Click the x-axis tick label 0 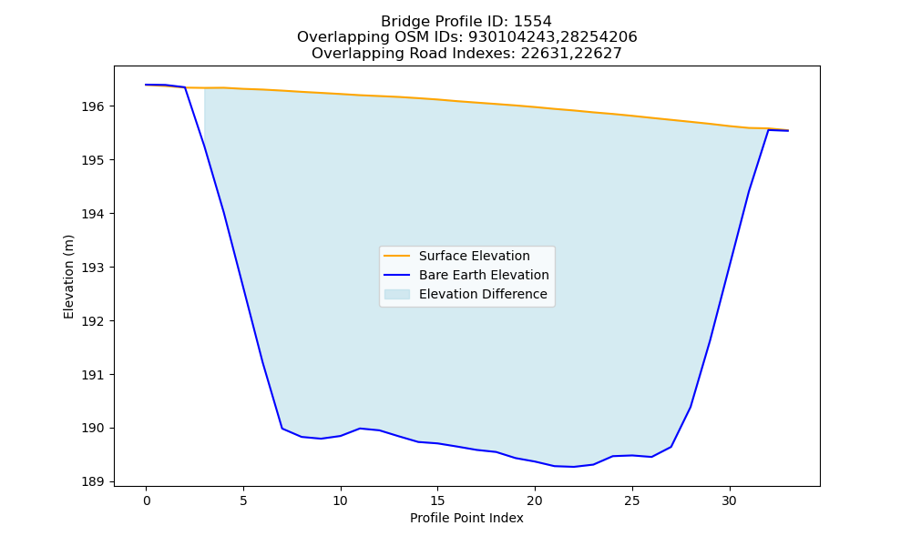147,500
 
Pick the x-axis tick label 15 437,500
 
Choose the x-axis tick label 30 729,500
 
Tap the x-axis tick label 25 632,500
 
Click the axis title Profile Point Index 466,518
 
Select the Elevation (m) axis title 68,277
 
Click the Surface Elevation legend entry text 474,256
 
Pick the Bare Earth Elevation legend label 484,275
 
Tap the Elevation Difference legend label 483,294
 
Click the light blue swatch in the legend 397,294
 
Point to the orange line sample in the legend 397,256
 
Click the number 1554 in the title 533,22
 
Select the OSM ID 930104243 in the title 512,37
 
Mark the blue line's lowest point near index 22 573,467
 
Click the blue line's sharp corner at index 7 281,429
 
